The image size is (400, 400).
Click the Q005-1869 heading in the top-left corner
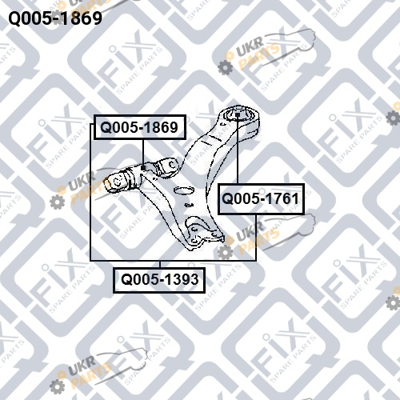55,18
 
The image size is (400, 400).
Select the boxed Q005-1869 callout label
139,127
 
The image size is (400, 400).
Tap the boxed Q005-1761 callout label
261,199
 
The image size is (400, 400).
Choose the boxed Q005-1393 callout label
159,280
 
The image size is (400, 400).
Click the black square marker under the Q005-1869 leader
143,167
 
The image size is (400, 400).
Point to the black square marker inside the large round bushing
238,114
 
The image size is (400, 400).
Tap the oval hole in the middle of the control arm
183,190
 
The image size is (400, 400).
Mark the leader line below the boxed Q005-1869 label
143,152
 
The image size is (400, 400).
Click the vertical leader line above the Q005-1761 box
238,150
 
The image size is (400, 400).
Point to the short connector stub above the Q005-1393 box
160,264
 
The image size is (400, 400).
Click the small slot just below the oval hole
189,205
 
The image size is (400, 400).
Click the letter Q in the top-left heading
14,18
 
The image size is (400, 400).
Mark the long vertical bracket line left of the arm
91,192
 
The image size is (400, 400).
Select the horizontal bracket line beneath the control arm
174,260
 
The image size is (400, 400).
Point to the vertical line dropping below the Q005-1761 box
256,237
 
